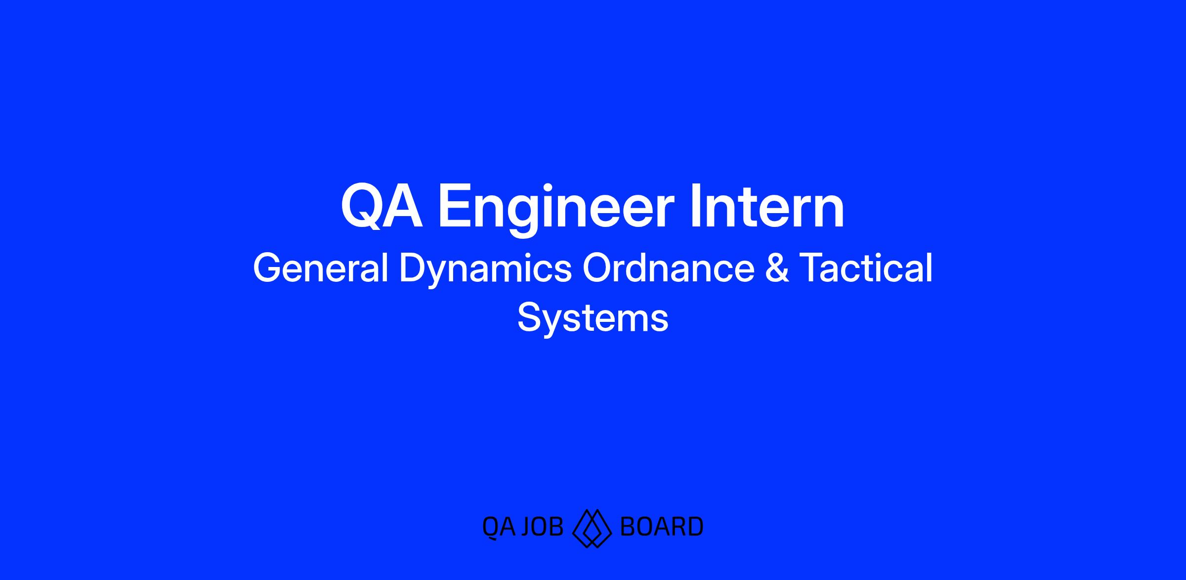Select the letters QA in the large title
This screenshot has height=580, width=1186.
click(382, 207)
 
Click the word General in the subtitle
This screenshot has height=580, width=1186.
click(321, 268)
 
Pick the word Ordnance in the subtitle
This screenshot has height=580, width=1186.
click(668, 268)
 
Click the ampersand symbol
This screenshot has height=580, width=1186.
click(777, 268)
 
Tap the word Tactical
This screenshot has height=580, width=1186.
click(866, 268)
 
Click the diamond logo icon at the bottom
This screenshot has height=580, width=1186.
click(592, 529)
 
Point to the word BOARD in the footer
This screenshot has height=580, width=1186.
click(661, 527)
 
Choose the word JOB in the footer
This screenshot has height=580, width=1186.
click(542, 527)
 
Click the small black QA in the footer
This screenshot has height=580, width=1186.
click(499, 528)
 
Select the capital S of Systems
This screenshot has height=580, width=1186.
click(529, 317)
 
